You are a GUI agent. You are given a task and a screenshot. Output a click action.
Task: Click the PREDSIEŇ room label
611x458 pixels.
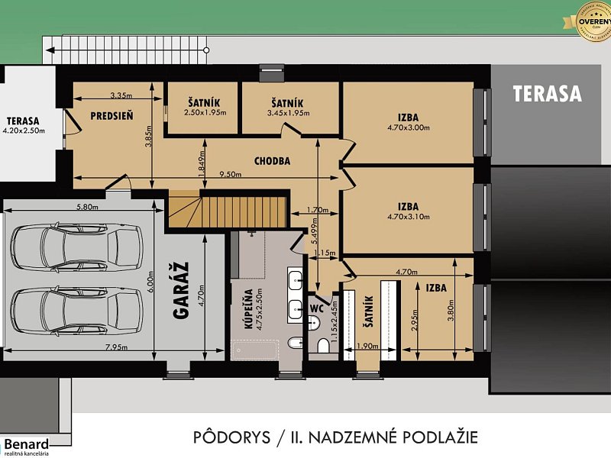point(112,116)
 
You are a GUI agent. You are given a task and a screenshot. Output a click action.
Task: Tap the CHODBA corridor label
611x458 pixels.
point(271,161)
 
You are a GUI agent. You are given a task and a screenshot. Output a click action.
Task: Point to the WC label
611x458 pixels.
point(315,308)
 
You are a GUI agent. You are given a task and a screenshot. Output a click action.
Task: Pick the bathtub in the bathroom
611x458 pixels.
point(254,350)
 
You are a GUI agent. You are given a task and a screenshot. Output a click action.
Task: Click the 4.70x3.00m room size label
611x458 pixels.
point(409,127)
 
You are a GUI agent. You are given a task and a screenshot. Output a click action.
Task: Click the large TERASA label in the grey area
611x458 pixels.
point(547,94)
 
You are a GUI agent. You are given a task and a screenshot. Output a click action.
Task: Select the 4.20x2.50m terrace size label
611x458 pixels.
point(24,131)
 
